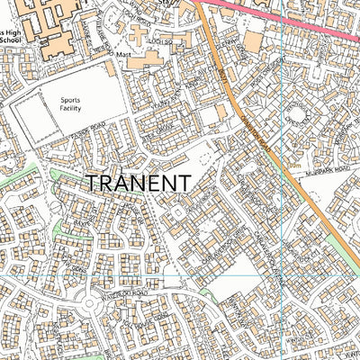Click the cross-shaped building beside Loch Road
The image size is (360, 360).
[138, 35]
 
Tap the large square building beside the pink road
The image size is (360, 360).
[253, 41]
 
